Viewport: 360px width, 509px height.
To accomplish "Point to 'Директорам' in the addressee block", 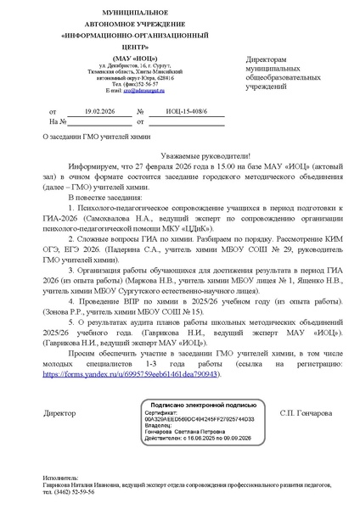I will point(267,60).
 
